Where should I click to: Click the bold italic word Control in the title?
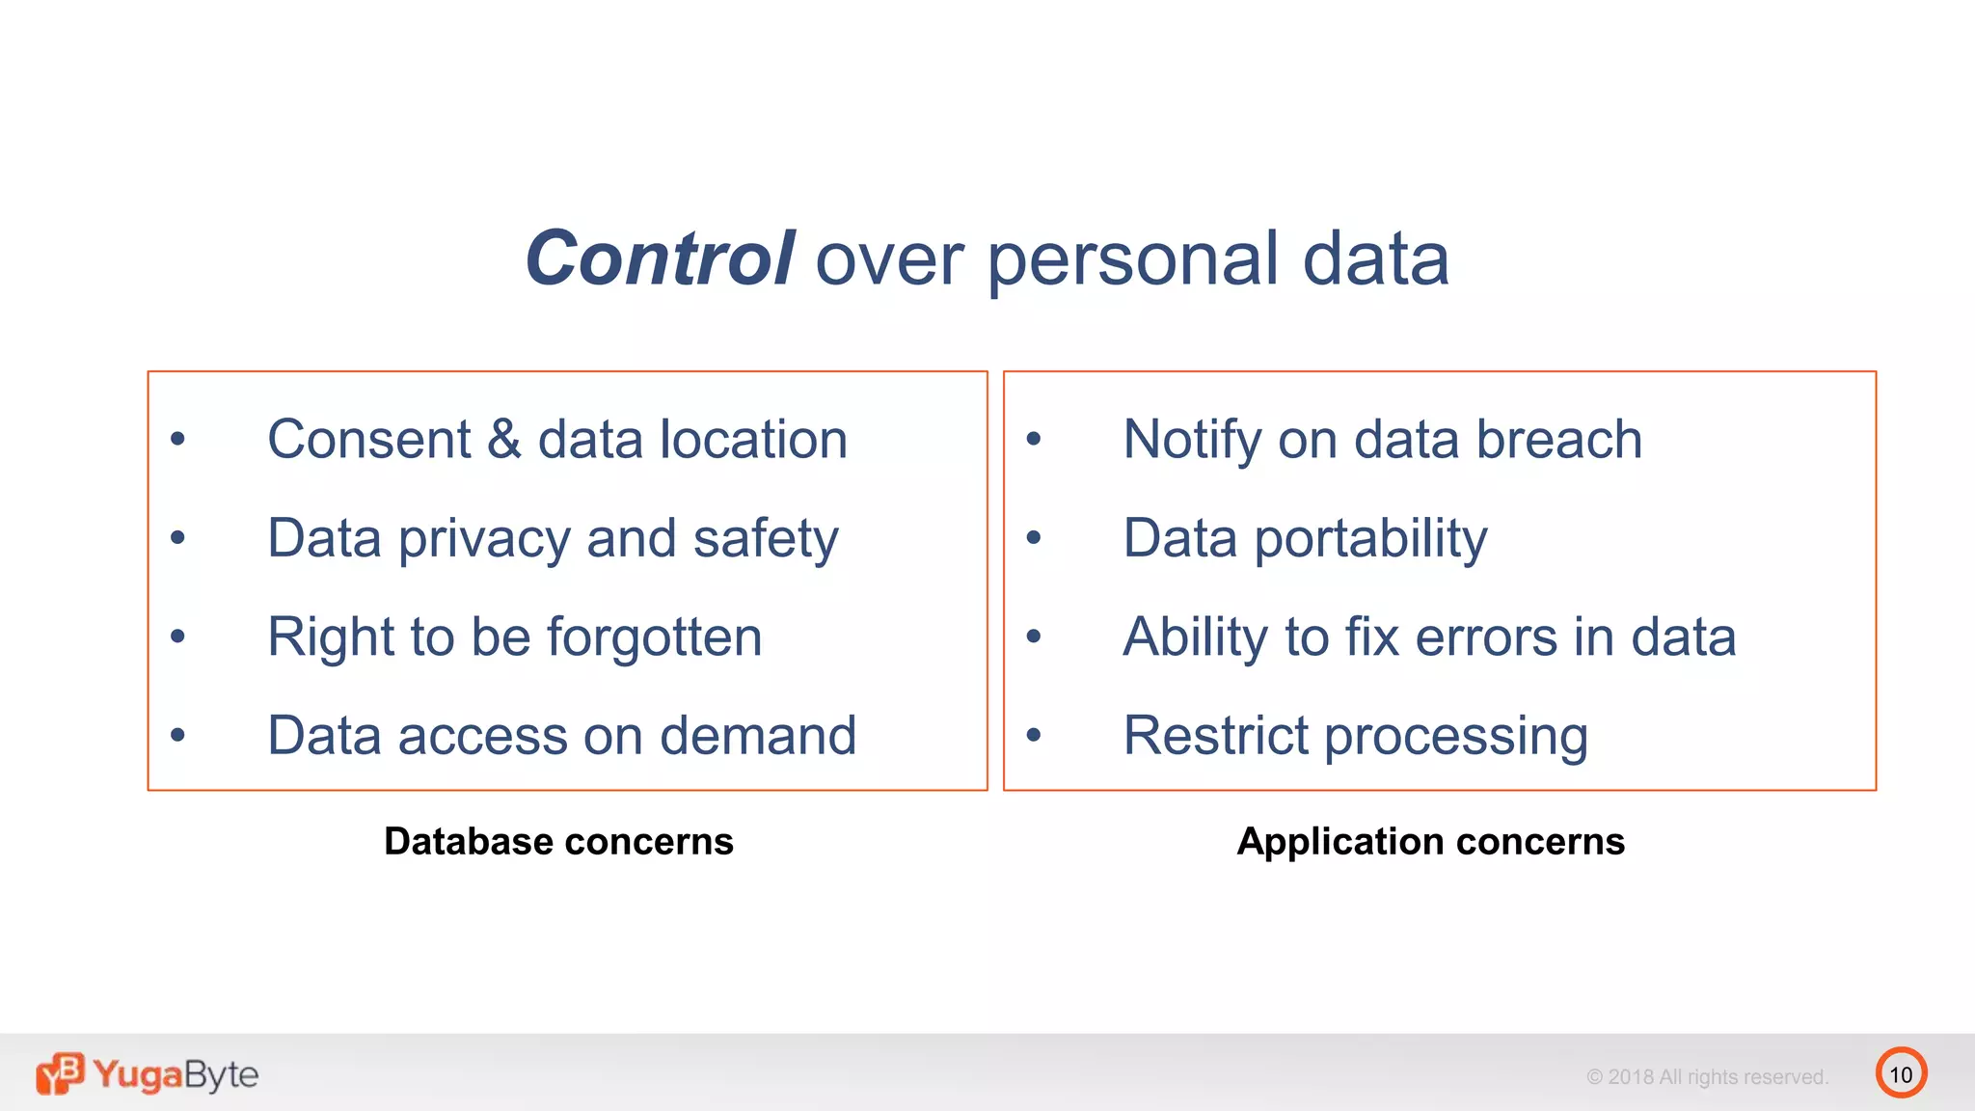(660, 258)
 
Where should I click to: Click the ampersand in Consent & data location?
(503, 440)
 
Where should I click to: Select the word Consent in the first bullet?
(368, 440)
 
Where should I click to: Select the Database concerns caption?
(558, 842)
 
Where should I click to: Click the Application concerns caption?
(1430, 842)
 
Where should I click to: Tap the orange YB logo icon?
(60, 1073)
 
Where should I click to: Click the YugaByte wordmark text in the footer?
(176, 1074)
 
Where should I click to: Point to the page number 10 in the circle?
(1900, 1074)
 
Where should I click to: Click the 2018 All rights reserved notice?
(1707, 1077)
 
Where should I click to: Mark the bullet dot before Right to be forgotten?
(177, 637)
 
